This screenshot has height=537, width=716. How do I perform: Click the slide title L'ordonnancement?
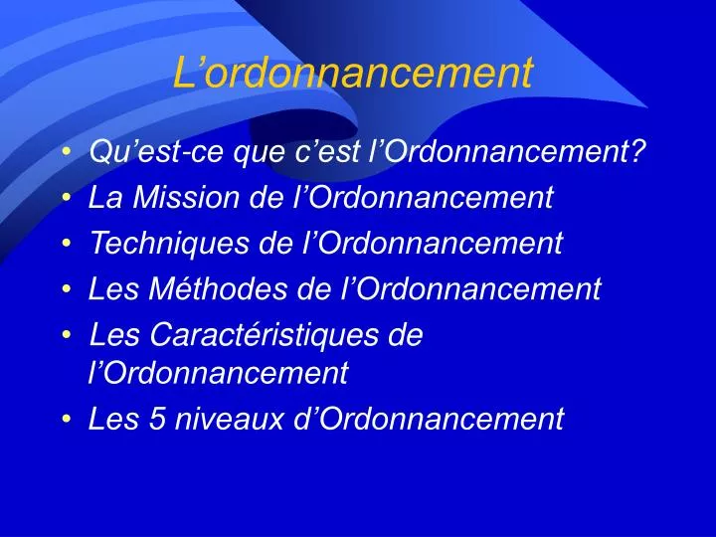353,73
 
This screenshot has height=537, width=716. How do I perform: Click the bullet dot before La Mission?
66,199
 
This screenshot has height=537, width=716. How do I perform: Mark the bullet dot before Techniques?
66,244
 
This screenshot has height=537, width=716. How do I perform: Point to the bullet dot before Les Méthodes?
66,290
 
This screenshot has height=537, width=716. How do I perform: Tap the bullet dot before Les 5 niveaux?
66,421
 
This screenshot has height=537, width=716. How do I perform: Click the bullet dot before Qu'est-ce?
66,153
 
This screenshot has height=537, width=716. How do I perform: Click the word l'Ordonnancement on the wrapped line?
218,373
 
